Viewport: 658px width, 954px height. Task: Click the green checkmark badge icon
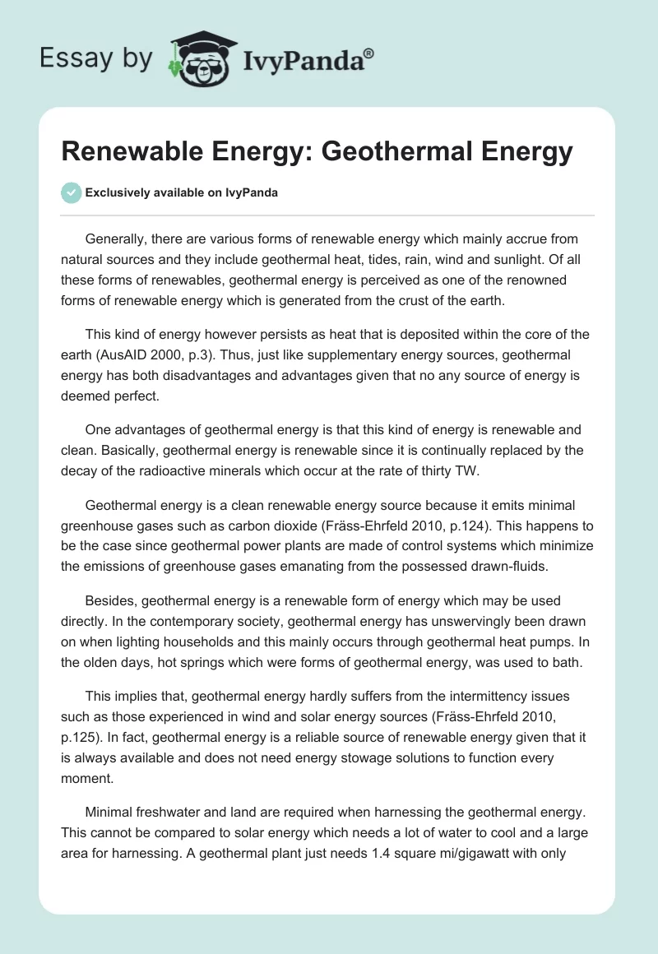[71, 192]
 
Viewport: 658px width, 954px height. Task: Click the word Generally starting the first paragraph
[116, 239]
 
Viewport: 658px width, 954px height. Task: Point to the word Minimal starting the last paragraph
[111, 813]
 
